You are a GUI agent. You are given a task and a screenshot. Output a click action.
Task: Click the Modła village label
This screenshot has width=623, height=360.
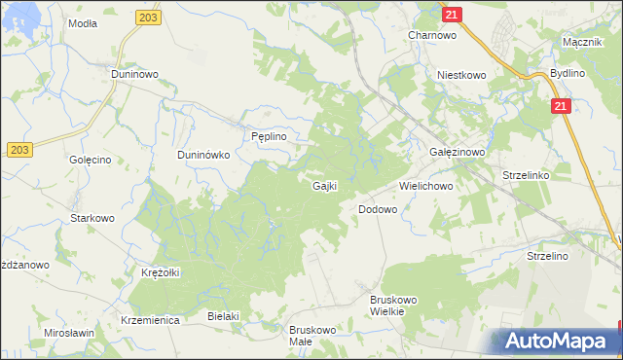(83, 22)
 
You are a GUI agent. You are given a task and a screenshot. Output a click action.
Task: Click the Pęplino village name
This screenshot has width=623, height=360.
(269, 137)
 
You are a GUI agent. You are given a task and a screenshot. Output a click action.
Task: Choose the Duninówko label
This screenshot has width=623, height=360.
(202, 154)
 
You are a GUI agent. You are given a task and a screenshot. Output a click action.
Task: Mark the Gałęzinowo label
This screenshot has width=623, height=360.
(457, 154)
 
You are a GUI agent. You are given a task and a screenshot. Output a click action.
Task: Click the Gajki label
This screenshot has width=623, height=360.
(324, 185)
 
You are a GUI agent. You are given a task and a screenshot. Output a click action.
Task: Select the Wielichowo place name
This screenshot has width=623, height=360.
(427, 185)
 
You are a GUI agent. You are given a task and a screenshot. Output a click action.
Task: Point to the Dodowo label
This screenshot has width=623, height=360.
(378, 209)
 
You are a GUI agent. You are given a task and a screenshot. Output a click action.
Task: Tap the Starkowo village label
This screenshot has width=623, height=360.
(92, 218)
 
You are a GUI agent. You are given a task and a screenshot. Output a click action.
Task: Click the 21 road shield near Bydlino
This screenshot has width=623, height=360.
(560, 107)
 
